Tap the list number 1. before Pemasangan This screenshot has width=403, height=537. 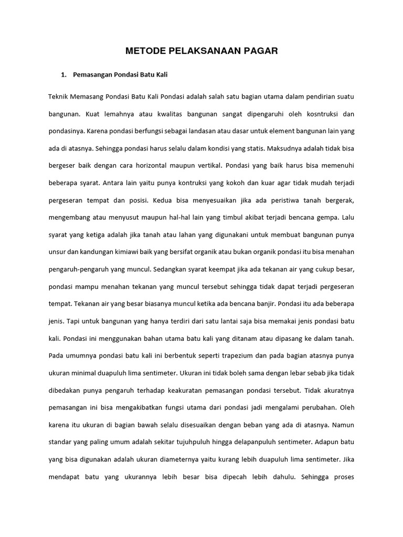(x=65, y=75)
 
